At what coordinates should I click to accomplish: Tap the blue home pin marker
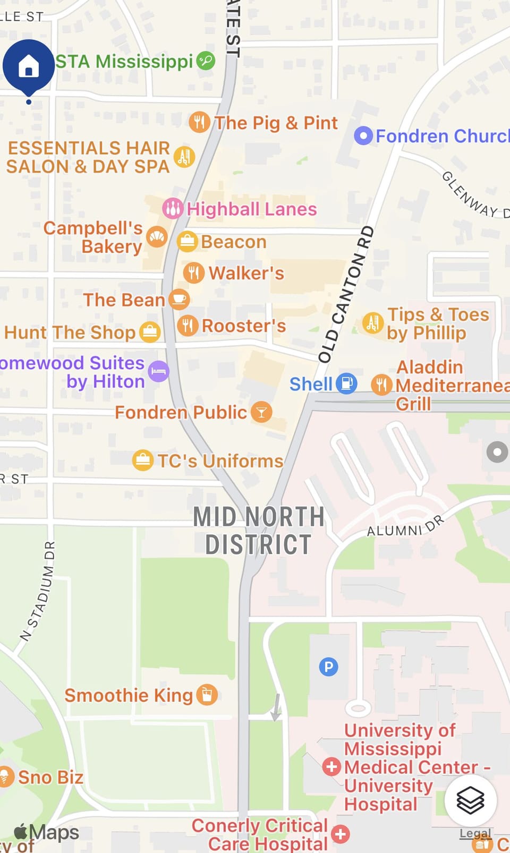pyautogui.click(x=29, y=67)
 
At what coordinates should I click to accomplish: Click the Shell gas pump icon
pyautogui.click(x=346, y=383)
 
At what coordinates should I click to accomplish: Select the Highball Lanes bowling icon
pyautogui.click(x=173, y=208)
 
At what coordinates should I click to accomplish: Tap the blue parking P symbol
pyautogui.click(x=328, y=666)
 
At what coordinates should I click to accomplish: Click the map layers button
pyautogui.click(x=470, y=800)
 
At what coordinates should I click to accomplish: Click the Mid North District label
pyautogui.click(x=259, y=531)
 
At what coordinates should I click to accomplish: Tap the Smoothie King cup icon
pyautogui.click(x=207, y=694)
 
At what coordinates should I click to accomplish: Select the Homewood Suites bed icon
pyautogui.click(x=158, y=371)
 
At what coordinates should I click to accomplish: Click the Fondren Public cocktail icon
pyautogui.click(x=261, y=412)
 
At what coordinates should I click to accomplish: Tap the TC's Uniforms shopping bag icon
pyautogui.click(x=143, y=460)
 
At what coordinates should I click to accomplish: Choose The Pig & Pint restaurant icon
pyautogui.click(x=199, y=122)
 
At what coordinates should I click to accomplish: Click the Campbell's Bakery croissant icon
pyautogui.click(x=157, y=236)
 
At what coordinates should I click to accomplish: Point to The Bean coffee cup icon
pyautogui.click(x=179, y=299)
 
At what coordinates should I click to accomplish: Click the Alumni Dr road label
pyautogui.click(x=405, y=526)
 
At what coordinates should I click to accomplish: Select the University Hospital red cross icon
pyautogui.click(x=331, y=766)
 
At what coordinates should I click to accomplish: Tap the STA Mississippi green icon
pyautogui.click(x=206, y=61)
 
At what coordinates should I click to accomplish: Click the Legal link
pyautogui.click(x=475, y=833)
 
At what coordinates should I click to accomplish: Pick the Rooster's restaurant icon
pyautogui.click(x=188, y=325)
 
